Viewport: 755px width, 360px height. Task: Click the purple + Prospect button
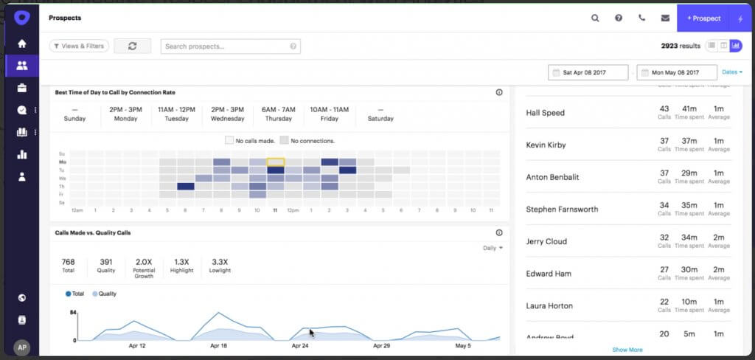click(x=703, y=18)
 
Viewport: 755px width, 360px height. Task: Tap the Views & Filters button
click(x=79, y=46)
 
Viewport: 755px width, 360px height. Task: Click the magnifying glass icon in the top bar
click(x=595, y=18)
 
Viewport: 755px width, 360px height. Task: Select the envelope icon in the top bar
click(x=665, y=18)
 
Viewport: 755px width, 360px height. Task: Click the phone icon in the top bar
click(x=642, y=18)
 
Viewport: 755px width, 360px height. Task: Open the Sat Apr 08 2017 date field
click(x=588, y=72)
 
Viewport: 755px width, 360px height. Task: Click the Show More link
click(x=627, y=350)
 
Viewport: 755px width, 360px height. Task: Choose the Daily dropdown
click(x=493, y=248)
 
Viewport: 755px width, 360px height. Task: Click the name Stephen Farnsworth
click(x=562, y=210)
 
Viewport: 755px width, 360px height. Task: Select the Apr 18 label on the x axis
click(x=218, y=345)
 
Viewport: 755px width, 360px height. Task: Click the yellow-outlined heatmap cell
click(x=275, y=162)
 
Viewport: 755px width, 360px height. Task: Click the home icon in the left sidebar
click(x=22, y=44)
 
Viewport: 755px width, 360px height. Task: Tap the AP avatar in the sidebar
click(x=22, y=347)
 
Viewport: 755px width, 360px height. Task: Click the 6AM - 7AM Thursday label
click(x=278, y=114)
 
